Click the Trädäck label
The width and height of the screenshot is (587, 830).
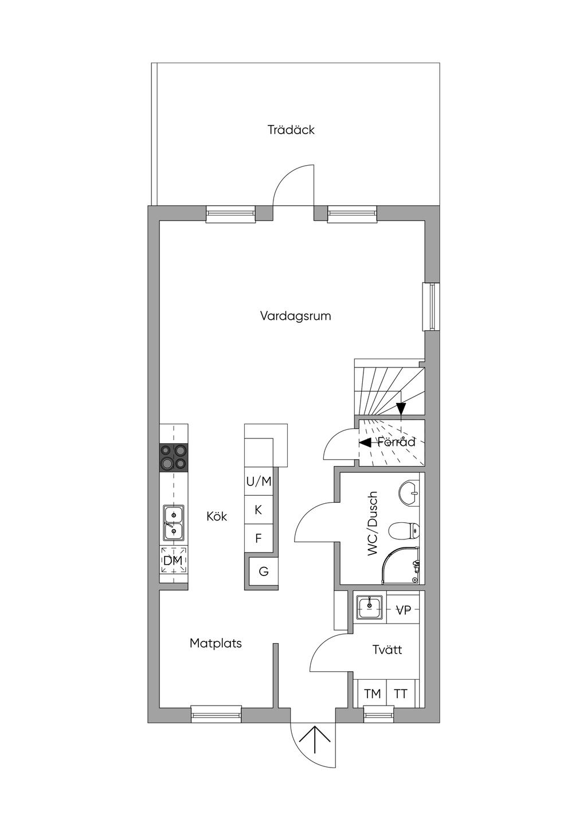(291, 130)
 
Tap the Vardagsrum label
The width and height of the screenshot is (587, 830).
(295, 316)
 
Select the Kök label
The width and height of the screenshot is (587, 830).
(217, 516)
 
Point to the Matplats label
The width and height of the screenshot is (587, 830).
(216, 643)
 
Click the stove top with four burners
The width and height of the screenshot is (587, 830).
(174, 457)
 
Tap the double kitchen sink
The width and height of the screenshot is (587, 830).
(174, 523)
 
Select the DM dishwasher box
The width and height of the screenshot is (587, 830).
(174, 561)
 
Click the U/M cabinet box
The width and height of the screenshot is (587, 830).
(259, 481)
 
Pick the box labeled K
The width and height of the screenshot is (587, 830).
(259, 510)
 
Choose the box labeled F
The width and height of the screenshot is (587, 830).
(259, 538)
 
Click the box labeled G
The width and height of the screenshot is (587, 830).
(264, 571)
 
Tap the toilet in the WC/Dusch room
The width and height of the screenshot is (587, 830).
(404, 531)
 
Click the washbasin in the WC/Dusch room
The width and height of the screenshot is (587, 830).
(409, 493)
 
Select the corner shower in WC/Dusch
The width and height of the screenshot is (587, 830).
(402, 565)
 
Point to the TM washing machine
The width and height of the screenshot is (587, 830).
(372, 694)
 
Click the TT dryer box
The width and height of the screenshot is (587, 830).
(401, 694)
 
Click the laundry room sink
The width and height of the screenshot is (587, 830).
(370, 607)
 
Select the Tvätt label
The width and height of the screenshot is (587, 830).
(387, 649)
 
